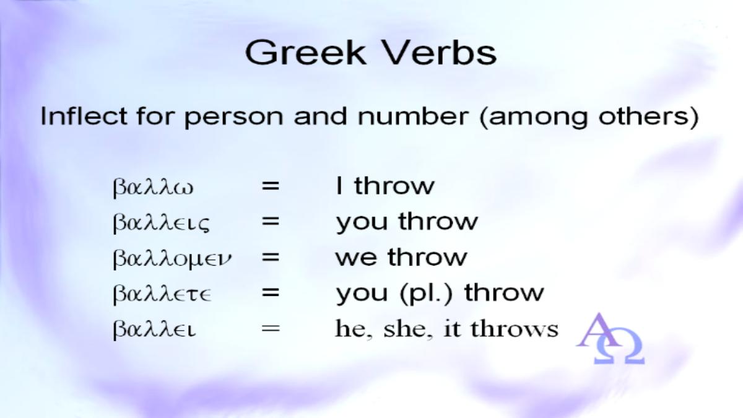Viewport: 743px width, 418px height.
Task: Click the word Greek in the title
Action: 306,53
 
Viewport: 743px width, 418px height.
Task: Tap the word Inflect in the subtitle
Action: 84,116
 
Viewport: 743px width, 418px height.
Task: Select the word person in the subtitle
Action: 233,118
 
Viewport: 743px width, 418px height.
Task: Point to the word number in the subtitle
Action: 413,116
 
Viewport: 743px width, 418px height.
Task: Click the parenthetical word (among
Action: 534,118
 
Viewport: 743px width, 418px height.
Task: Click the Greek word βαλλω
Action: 152,187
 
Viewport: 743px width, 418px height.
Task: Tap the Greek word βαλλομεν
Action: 172,259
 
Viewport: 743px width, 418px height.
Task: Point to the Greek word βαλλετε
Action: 162,294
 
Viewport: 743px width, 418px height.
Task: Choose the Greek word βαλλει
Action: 154,330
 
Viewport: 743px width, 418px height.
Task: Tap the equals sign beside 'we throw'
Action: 271,258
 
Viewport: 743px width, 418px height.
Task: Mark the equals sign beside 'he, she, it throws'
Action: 271,329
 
